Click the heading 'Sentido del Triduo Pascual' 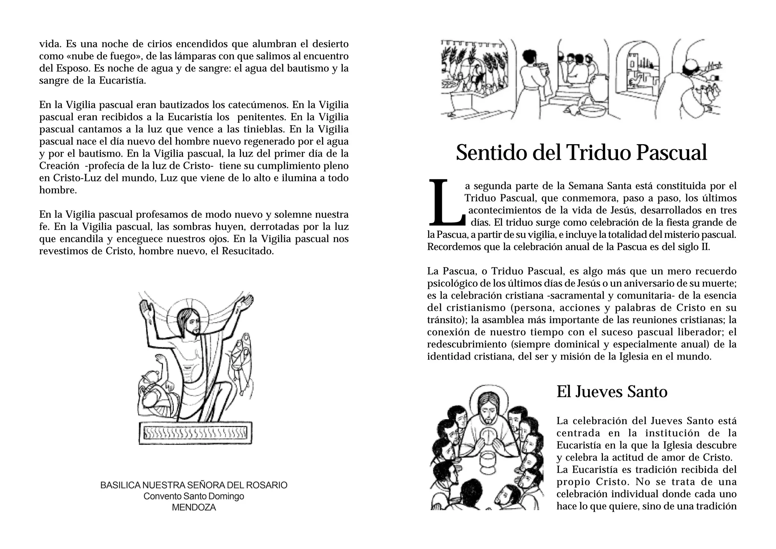click(x=581, y=152)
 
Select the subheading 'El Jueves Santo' click(x=612, y=392)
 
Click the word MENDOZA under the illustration click(x=194, y=508)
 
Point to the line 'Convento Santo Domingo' click(x=194, y=496)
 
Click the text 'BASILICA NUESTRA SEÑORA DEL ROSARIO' click(x=194, y=485)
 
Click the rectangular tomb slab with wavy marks click(x=196, y=433)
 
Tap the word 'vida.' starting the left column click(x=50, y=44)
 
